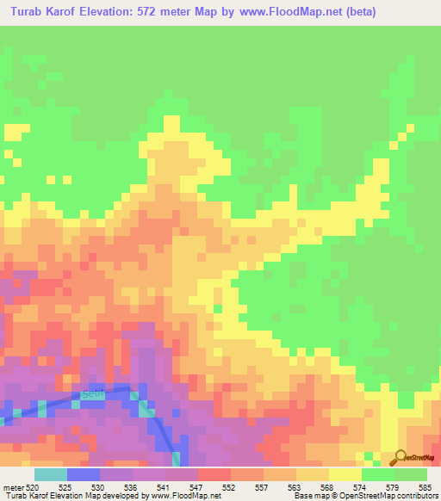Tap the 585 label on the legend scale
click(425, 487)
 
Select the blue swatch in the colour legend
click(83, 474)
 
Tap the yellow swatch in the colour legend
click(345, 474)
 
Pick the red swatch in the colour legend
click(214, 474)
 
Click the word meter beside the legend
click(13, 487)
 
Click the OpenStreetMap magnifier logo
click(400, 457)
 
